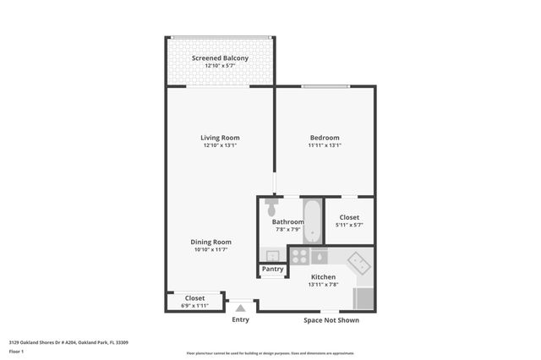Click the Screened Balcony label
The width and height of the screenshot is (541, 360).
[220, 58]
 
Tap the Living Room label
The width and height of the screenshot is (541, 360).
[220, 138]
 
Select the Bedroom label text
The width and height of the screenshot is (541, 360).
[325, 138]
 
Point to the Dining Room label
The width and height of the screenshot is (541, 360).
[210, 242]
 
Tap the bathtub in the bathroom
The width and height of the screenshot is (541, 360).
[312, 220]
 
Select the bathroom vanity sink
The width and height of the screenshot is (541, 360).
[272, 255]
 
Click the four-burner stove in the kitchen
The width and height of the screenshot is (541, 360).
[299, 255]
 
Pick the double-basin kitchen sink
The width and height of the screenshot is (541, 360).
[361, 263]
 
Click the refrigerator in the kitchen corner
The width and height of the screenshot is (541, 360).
[363, 298]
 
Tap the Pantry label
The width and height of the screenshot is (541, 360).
[272, 270]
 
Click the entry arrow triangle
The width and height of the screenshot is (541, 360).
[241, 308]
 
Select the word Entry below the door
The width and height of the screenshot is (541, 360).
[241, 319]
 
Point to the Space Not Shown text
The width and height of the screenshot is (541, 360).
[331, 320]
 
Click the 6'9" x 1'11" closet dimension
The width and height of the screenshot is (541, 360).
[195, 305]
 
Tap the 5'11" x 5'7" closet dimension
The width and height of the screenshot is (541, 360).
[349, 225]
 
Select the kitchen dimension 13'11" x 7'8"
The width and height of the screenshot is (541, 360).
[324, 285]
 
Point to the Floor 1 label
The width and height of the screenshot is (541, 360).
[17, 350]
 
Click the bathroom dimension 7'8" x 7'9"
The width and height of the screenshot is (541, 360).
[287, 229]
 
